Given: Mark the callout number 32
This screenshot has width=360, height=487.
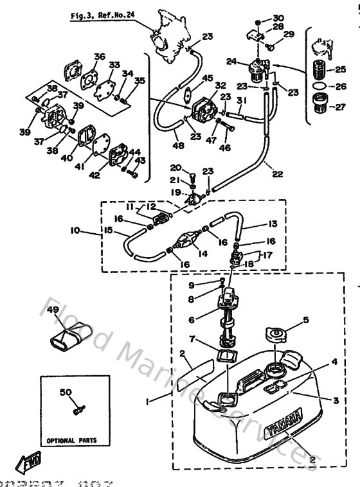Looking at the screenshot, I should [x=220, y=85].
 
